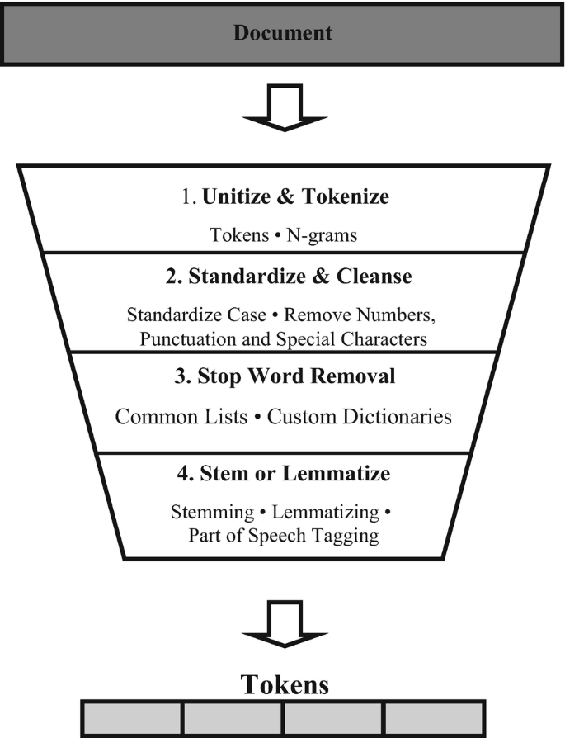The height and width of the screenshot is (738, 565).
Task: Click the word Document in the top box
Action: coord(282,33)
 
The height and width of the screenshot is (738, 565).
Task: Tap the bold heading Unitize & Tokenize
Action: coord(296,198)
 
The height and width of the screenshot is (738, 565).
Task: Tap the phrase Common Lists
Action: coord(181,416)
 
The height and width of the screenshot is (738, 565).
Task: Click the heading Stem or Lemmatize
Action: coord(282,474)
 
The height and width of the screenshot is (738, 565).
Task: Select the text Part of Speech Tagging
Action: coord(282,535)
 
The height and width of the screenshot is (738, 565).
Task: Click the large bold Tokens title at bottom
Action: coord(282,684)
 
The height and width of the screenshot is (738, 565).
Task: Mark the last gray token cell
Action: coord(433,720)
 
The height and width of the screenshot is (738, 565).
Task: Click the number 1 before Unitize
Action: coord(187,198)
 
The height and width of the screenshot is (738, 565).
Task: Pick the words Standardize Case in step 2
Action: coord(185,314)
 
